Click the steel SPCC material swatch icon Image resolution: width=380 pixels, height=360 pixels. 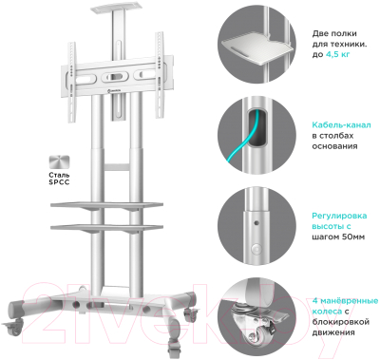[x=59, y=162]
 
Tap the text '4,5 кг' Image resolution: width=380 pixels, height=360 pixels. [x=337, y=54]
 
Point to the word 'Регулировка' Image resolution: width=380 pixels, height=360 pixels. [x=339, y=216]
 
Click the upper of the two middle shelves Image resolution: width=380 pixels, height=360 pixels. [x=106, y=206]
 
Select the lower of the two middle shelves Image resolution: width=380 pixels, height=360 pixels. [x=106, y=228]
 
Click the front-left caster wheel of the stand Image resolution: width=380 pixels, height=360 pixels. [x=13, y=329]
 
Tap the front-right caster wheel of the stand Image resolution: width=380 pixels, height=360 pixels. [x=175, y=347]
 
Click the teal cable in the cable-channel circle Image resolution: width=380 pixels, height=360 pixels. [x=245, y=139]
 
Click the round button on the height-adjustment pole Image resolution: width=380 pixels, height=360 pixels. [x=256, y=249]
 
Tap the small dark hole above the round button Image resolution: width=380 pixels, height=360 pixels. [x=256, y=223]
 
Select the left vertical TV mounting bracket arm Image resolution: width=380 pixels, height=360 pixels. [x=72, y=82]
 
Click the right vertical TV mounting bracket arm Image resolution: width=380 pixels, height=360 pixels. [x=160, y=75]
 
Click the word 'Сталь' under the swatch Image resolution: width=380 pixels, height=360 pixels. [x=59, y=175]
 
